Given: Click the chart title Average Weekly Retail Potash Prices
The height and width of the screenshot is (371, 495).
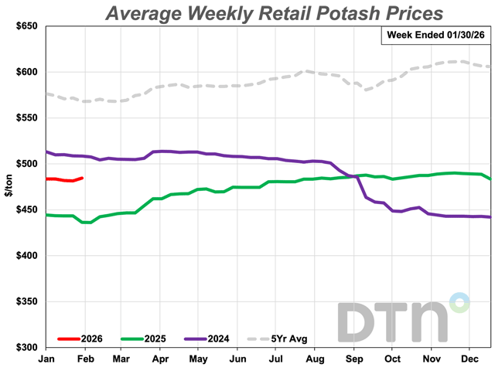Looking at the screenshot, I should coord(274,13).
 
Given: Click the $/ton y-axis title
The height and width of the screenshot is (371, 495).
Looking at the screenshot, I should coord(9,186).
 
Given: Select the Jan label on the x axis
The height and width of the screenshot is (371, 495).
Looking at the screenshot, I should coord(46,359).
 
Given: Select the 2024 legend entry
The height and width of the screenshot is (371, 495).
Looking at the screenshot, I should coord(213,339).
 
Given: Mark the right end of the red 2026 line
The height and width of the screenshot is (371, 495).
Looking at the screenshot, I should coord(83,178).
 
